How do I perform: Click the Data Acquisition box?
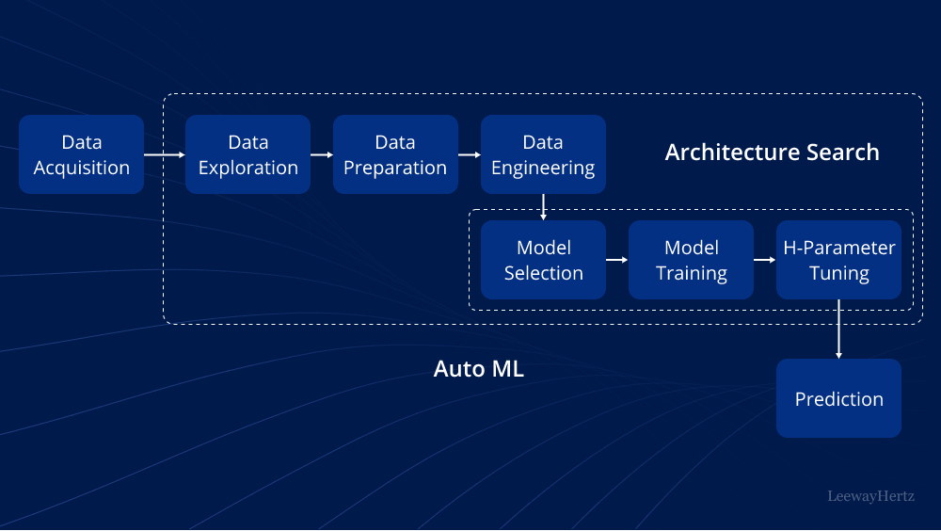tap(82, 154)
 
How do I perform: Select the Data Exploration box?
tap(247, 154)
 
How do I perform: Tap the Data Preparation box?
tap(395, 154)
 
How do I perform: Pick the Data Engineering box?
tap(543, 154)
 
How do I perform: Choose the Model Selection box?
tap(543, 260)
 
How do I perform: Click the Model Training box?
tap(691, 260)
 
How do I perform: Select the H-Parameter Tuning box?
tap(838, 260)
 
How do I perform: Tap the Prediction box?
tap(838, 398)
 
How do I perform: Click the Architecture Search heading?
tap(772, 153)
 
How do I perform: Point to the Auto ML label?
tap(478, 369)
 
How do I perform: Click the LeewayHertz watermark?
tap(870, 495)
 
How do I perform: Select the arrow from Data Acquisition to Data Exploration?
tap(165, 154)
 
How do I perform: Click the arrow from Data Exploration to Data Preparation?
tap(322, 154)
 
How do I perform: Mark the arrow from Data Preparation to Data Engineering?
tap(470, 154)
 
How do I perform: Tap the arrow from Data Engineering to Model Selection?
tap(543, 207)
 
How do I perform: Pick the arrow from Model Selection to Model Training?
tap(617, 260)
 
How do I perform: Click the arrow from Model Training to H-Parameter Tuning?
tap(765, 260)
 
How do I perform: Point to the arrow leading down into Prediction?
tap(838, 330)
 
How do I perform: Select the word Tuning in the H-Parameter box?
tap(839, 273)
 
